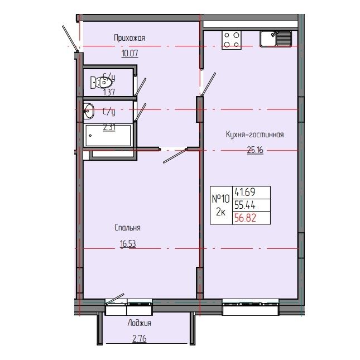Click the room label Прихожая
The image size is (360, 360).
coord(129,38)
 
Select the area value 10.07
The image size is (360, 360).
coord(129,54)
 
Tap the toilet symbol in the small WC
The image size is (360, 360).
coord(100,81)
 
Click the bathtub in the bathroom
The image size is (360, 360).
coord(108,136)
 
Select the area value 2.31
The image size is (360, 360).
coord(109,127)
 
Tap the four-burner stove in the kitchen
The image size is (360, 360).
coord(232,39)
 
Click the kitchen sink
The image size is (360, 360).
coord(275,39)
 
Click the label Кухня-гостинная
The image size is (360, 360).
coord(255,134)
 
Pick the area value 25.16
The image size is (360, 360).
coord(255,149)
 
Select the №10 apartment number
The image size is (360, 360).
coord(220,198)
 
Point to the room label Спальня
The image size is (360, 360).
coord(127,228)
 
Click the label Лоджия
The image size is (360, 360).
coord(139,323)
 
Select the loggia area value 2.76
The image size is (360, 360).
coord(139,338)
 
